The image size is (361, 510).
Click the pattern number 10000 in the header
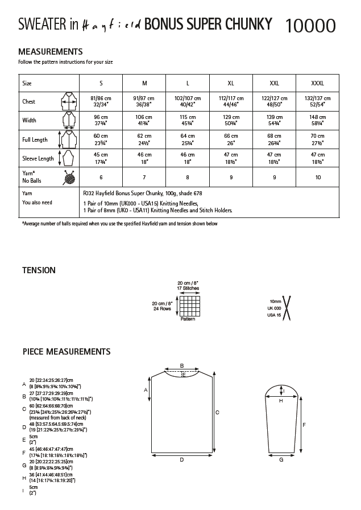pos(310,25)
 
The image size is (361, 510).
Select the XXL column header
pos(274,83)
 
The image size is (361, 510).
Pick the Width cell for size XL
pos(231,120)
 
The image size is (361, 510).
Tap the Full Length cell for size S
pos(101,139)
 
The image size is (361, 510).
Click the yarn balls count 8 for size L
pos(188,177)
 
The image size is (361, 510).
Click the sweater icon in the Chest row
pos(68,102)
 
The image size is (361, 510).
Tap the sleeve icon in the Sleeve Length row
pos(68,158)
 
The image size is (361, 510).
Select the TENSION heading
pos(39,270)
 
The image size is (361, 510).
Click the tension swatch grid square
pos(188,306)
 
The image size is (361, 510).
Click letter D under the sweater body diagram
pos(181,459)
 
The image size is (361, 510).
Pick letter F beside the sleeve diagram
pos(304,425)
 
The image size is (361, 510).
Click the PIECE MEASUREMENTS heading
pos(66,352)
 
